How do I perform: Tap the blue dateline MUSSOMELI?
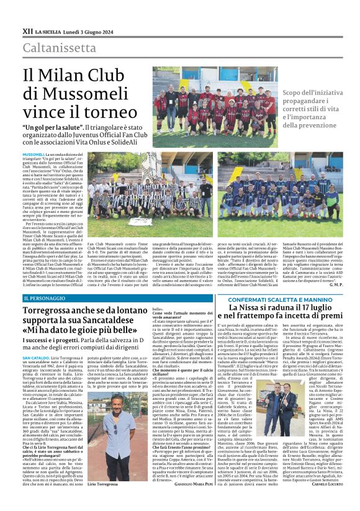pyautogui.click(x=33, y=153)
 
